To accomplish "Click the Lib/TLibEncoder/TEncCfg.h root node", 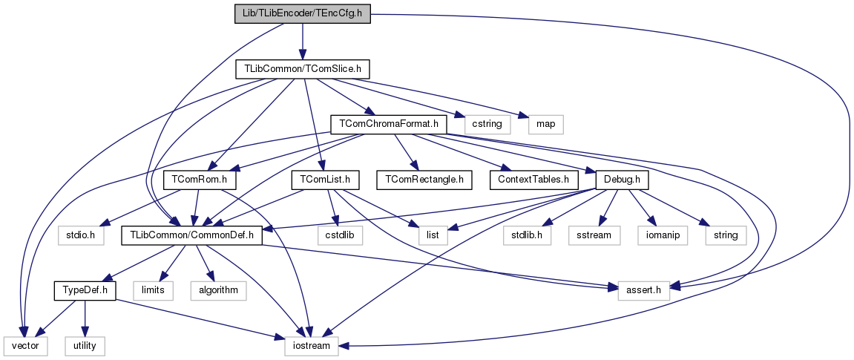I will coord(302,14).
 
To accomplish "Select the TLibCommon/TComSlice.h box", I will coord(302,69).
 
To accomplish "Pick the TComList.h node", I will coord(325,180).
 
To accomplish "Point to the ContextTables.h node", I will coord(533,180).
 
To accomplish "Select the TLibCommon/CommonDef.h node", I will coord(192,235).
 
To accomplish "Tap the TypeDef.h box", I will coord(85,290).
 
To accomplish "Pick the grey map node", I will coord(541,123).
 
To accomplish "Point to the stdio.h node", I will coord(78,235).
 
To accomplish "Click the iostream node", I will coord(312,345).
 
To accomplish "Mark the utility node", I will coord(85,345).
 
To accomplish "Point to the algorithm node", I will coord(217,290).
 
